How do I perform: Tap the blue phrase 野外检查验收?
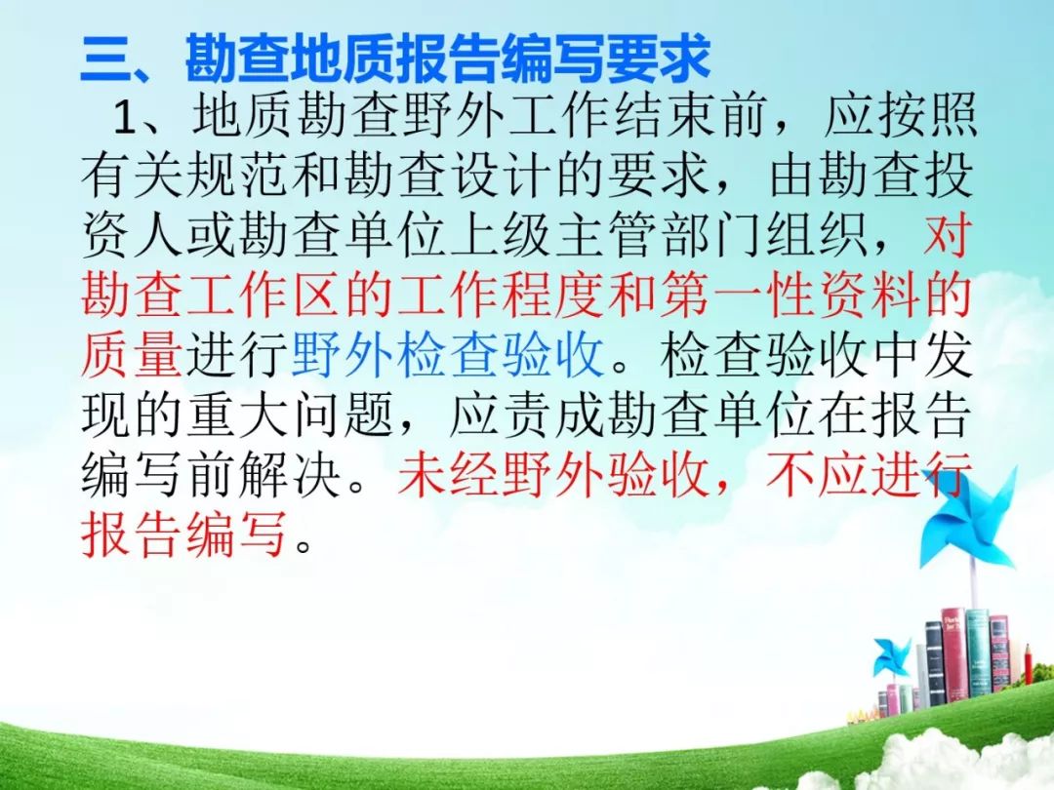point(446,354)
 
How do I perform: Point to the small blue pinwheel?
point(891,658)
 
